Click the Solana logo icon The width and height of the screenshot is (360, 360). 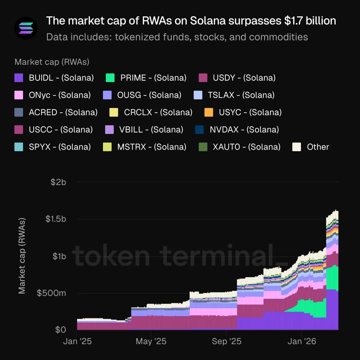[x=26, y=28]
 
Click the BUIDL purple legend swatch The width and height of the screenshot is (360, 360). [x=19, y=78]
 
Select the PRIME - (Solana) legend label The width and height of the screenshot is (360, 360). [x=153, y=78]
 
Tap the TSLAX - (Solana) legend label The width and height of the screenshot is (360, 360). [x=241, y=95]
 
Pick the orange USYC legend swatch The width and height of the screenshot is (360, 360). [x=209, y=112]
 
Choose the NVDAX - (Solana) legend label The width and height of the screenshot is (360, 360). [x=244, y=130]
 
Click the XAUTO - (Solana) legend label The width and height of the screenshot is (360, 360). [x=246, y=147]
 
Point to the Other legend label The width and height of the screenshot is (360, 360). [x=318, y=147]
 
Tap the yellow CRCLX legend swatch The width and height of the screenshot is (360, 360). [x=114, y=112]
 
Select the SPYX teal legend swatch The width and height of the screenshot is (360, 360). [x=19, y=147]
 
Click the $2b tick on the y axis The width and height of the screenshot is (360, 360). [x=58, y=182]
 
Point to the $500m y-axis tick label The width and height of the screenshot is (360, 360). [x=51, y=293]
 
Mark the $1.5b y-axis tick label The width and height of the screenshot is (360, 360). [x=56, y=219]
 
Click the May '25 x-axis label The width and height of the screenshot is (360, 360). [x=151, y=341]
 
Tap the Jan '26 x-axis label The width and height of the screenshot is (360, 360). [x=301, y=341]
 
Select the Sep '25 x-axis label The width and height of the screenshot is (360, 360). [x=226, y=341]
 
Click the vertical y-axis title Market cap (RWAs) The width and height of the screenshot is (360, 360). [x=22, y=256]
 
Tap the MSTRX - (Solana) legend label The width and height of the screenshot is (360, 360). [x=152, y=147]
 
